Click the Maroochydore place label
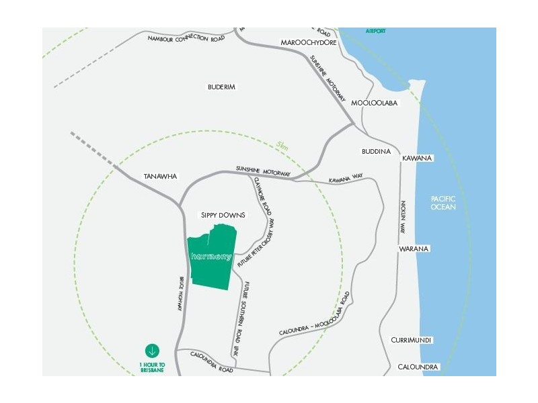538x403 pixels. (x=309, y=42)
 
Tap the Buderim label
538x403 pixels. (x=221, y=87)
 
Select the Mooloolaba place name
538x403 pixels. (x=375, y=103)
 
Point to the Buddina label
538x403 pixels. (x=376, y=152)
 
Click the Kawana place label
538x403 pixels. (x=417, y=158)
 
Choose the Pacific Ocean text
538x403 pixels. (x=443, y=202)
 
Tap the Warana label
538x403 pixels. (x=414, y=249)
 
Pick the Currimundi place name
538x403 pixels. (x=412, y=341)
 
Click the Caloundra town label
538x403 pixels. (x=418, y=367)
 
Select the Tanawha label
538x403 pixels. (x=160, y=176)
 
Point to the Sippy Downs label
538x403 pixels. (x=223, y=215)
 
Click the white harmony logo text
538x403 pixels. (x=211, y=257)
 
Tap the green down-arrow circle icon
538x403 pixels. (x=152, y=351)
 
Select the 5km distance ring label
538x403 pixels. (x=281, y=144)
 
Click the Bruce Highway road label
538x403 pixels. (x=181, y=294)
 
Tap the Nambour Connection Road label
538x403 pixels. (x=186, y=38)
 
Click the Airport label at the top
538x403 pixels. (x=377, y=31)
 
